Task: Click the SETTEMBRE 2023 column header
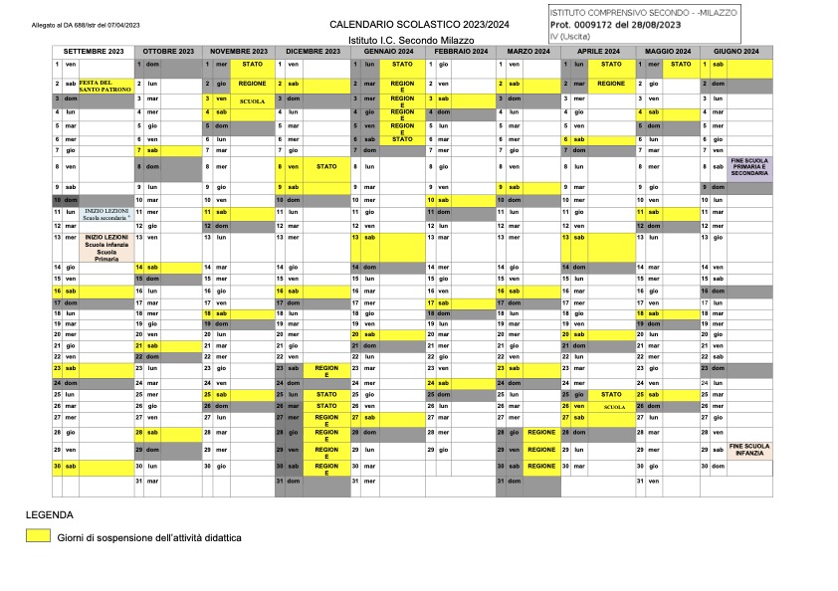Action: [x=94, y=51]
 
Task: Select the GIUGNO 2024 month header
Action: [x=736, y=51]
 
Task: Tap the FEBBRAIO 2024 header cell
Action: [x=460, y=51]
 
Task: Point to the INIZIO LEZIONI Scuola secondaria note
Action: [x=106, y=214]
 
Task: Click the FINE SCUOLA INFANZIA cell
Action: [x=749, y=450]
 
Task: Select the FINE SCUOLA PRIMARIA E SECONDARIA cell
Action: [x=749, y=167]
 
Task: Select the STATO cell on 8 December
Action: [x=326, y=167]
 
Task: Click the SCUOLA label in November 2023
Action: [x=252, y=101]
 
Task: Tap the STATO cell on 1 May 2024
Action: [x=681, y=64]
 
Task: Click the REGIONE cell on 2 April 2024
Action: [x=611, y=85]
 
